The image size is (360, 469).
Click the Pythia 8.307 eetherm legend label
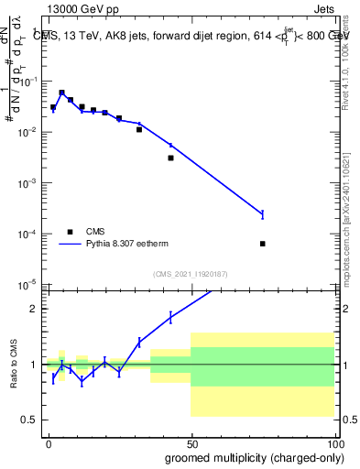(135, 245)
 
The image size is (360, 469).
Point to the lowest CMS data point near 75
(263, 244)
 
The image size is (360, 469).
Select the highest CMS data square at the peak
(61, 93)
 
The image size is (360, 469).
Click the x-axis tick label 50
(191, 442)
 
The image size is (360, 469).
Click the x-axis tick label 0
(48, 442)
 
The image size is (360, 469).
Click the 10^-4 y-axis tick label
(26, 235)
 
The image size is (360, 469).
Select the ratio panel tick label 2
(32, 309)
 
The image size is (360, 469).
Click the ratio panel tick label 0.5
(28, 420)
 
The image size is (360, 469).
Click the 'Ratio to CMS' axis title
(13, 365)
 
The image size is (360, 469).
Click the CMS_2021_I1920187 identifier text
(190, 274)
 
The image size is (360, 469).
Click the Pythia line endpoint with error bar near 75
(263, 214)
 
